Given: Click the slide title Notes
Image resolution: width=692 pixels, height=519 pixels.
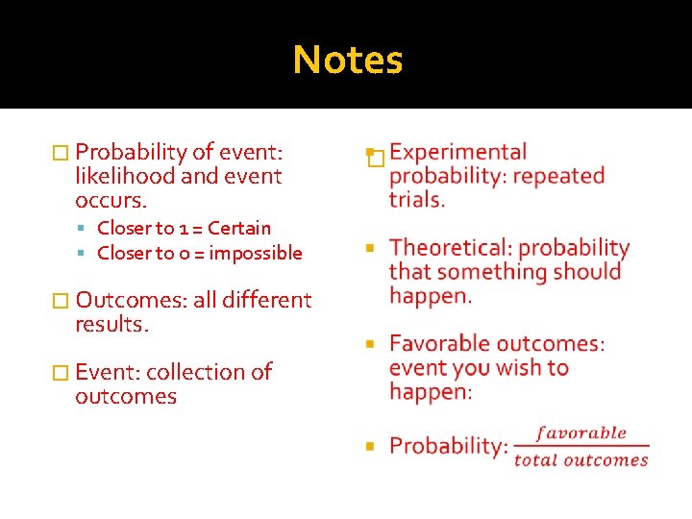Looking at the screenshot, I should point(348,60).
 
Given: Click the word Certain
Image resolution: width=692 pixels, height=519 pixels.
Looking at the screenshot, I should point(239,228).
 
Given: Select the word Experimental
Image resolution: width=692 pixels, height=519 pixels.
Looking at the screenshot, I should point(458,152).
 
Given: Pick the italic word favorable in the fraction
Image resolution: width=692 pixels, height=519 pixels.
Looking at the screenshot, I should point(581,432).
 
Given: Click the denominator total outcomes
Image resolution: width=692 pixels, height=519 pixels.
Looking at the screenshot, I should point(581,459).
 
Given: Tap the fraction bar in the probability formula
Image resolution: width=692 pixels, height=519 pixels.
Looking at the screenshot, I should point(581,446).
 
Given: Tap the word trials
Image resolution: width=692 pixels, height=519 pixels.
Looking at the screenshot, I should point(417,200).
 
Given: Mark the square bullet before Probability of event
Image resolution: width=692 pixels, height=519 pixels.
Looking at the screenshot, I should point(60,152).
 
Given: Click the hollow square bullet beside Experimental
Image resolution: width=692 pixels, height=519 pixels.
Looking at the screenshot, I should point(376,159).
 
